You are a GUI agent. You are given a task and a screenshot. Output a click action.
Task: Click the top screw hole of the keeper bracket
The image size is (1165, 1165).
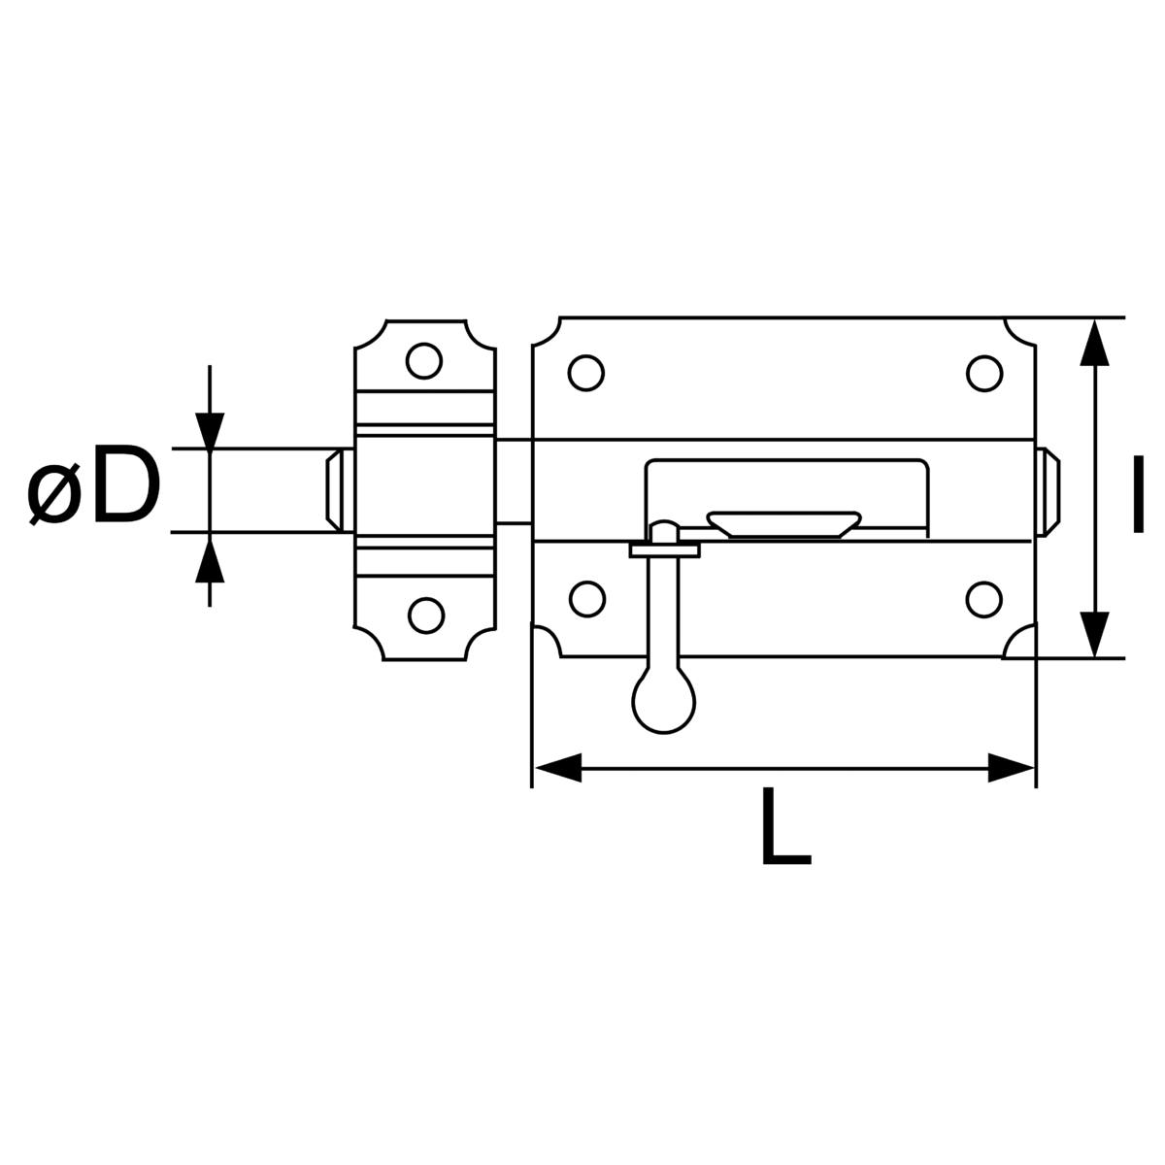click(x=424, y=361)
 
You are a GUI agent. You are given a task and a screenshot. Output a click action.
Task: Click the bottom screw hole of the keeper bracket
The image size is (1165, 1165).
click(x=424, y=615)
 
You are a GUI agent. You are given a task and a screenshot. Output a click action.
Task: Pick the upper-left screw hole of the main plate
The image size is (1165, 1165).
click(x=586, y=372)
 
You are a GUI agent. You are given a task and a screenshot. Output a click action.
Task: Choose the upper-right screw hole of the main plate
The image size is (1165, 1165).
click(x=983, y=372)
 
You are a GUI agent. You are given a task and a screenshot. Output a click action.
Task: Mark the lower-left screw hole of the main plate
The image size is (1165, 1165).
click(x=586, y=599)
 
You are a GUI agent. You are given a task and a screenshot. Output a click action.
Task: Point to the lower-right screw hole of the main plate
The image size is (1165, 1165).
click(x=983, y=599)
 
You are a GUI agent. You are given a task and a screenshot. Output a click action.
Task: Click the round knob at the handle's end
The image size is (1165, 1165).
click(x=663, y=701)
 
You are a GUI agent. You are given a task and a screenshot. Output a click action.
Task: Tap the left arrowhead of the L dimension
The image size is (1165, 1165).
click(x=558, y=768)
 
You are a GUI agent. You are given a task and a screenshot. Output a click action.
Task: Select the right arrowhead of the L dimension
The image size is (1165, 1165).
click(x=1011, y=768)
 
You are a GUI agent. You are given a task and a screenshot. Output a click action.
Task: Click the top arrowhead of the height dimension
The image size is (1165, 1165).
click(x=1095, y=344)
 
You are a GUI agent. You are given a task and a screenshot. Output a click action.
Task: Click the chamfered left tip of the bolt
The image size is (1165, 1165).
click(x=334, y=489)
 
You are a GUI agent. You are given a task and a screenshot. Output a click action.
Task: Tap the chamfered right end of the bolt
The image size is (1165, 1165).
click(x=1049, y=490)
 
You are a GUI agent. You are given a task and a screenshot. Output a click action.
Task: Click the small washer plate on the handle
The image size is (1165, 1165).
click(x=665, y=550)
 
